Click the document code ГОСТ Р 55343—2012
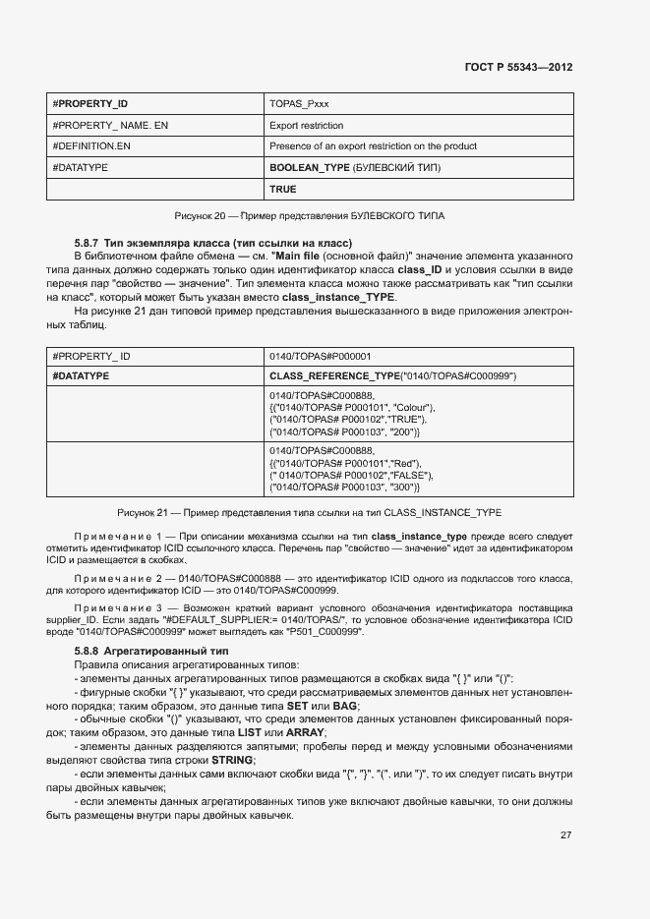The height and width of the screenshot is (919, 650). (517, 67)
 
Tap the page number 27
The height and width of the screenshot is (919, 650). (565, 834)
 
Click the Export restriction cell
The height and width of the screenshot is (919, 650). (306, 125)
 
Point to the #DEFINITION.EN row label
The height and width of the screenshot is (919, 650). (91, 146)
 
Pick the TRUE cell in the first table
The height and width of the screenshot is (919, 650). (282, 189)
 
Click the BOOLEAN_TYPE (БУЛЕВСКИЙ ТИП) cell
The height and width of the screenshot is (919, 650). (353, 168)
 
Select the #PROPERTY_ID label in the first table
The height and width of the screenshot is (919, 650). (89, 103)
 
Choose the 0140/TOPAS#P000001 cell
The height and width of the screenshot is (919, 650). (320, 356)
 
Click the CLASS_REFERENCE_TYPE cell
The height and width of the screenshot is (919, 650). (392, 376)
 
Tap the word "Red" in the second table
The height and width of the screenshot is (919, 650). (404, 463)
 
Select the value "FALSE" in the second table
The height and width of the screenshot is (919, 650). (410, 475)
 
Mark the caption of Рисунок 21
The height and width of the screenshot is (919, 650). (310, 512)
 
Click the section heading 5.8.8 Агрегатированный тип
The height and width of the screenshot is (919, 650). (151, 652)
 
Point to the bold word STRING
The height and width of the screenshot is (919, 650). (233, 760)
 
